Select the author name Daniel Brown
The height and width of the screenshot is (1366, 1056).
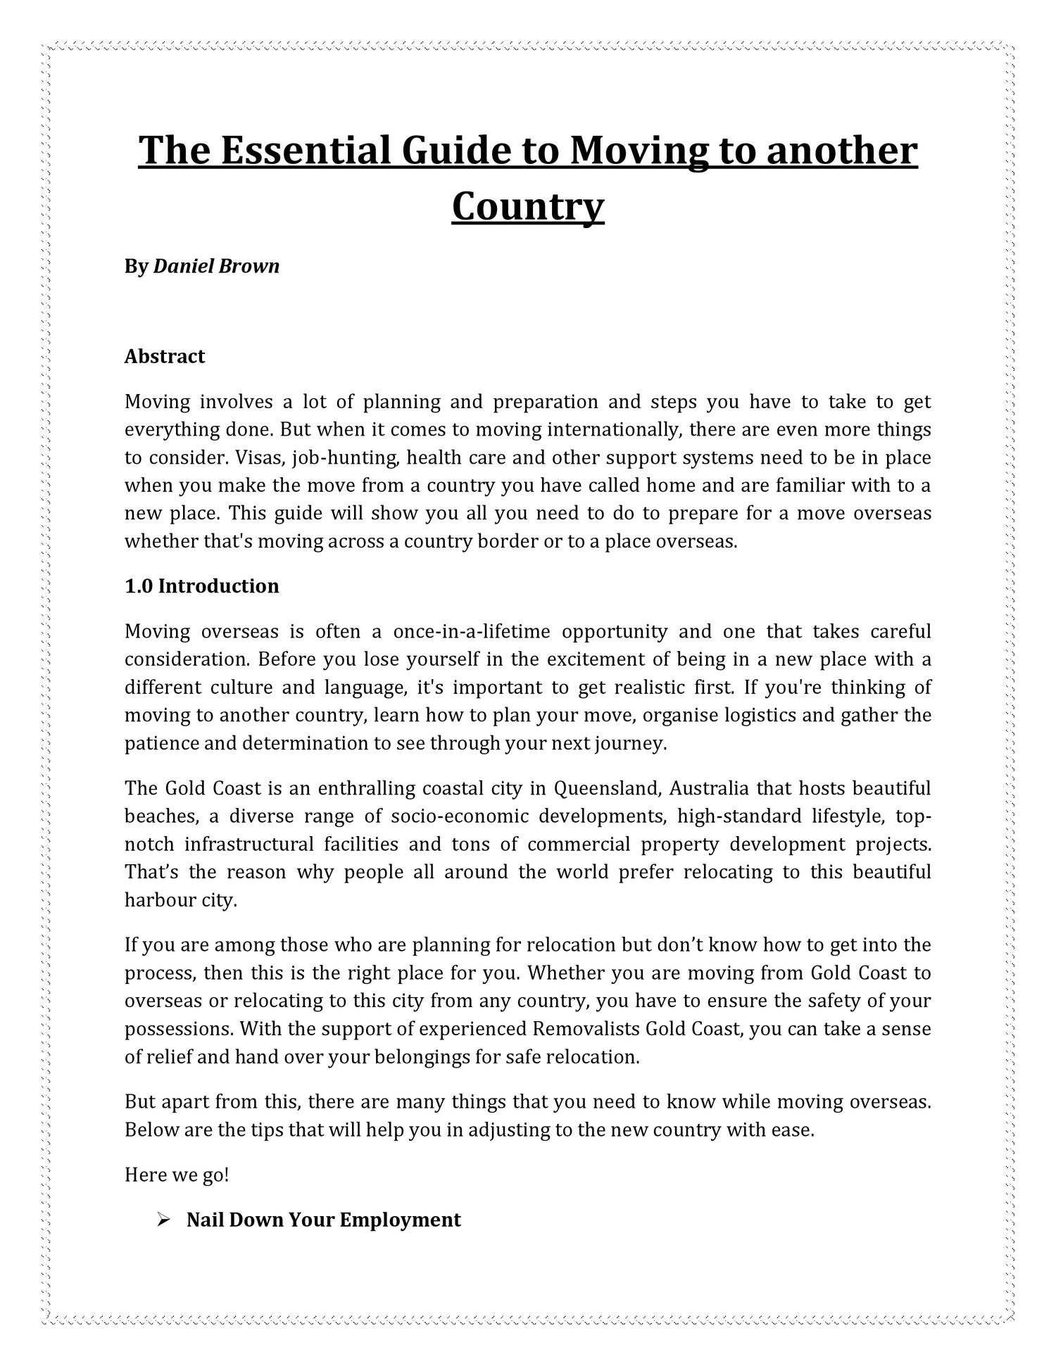(x=216, y=266)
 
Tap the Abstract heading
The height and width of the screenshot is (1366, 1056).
(x=164, y=356)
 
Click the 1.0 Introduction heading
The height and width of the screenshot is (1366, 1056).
(x=201, y=586)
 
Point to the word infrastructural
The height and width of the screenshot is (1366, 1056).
(x=249, y=844)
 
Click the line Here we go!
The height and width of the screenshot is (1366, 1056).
(x=177, y=1175)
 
